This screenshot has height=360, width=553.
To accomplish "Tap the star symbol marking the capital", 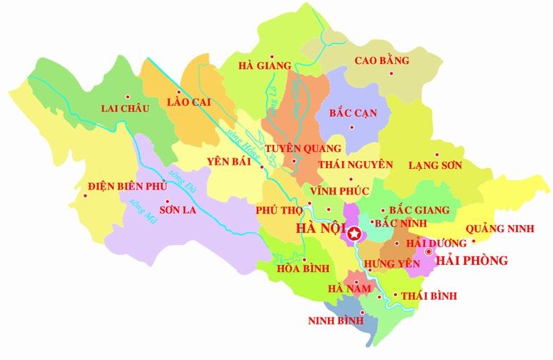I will point(354,234).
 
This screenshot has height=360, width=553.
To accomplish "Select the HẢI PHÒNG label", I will point(473,261).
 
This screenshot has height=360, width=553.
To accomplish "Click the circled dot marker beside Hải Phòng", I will point(428,251).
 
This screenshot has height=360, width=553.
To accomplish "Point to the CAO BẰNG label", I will point(381,61).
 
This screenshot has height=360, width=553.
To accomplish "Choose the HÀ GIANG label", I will point(265,66).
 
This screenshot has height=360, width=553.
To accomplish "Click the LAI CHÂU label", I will point(125,109).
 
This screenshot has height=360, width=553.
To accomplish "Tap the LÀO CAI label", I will point(189,102).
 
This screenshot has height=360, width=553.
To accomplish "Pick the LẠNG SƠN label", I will point(435,165).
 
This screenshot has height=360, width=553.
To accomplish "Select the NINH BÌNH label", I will point(331,321).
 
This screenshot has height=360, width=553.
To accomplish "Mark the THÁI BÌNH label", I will point(429,296).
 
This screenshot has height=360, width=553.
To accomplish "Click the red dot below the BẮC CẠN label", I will point(351,127).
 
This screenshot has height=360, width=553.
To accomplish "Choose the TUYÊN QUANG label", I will point(303,148).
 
